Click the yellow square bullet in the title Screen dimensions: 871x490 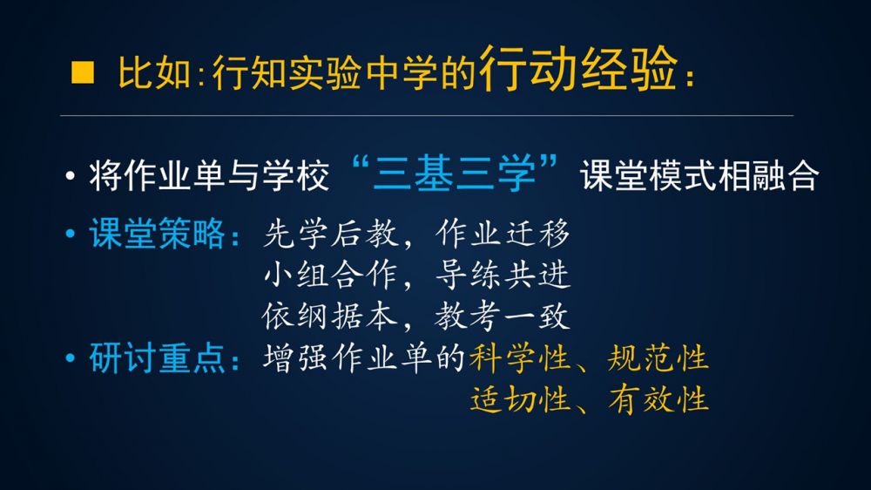click(82, 72)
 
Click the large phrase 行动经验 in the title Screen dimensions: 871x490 click(578, 68)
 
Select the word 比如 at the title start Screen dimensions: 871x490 click(154, 72)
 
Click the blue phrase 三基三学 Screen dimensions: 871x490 click(455, 174)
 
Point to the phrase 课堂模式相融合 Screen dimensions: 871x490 click(699, 176)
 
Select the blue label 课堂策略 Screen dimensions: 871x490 click(157, 233)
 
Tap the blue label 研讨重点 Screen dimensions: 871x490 click(157, 357)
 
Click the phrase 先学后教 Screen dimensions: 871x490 click(331, 234)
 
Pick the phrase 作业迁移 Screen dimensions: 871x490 click(503, 233)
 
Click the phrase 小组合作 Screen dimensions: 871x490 click(331, 276)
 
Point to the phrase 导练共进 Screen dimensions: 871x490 click(503, 276)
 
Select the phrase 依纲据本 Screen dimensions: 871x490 click(330, 316)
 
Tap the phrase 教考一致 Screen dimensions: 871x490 click(502, 316)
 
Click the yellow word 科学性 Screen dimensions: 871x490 click(520, 357)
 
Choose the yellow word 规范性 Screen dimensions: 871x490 click(658, 357)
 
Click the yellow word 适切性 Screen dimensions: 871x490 click(520, 399)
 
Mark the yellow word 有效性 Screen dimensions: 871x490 click(658, 399)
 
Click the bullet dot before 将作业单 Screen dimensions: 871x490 click(70, 176)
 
